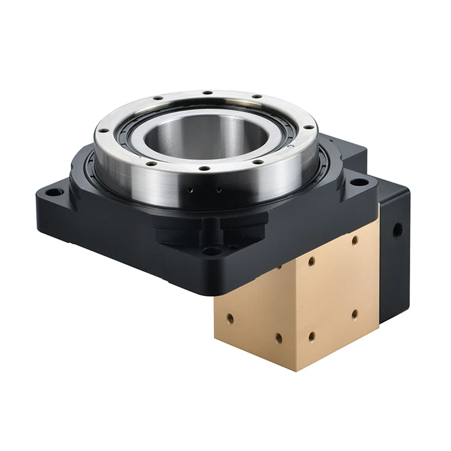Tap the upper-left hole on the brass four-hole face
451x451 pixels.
(311, 262)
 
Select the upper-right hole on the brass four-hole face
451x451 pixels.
(355, 240)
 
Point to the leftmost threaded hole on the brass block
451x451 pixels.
(230, 316)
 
